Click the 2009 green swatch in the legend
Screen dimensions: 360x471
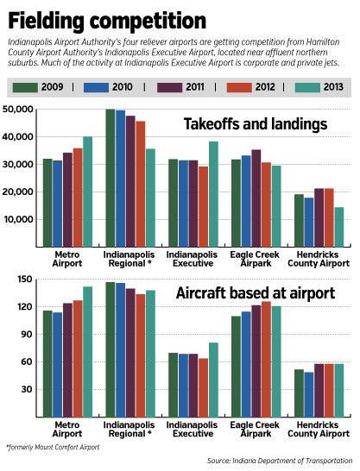coord(25,87)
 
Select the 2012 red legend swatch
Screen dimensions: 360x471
coord(239,87)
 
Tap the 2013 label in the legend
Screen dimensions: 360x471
coord(333,87)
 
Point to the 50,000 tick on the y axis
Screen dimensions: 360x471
coord(18,110)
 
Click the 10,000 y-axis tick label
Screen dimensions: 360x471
coord(18,220)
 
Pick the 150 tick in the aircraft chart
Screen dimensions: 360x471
coord(25,279)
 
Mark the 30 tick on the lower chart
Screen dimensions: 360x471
coord(27,390)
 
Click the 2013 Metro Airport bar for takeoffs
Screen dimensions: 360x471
coord(88,192)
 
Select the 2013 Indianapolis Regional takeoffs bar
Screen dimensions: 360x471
coord(150,198)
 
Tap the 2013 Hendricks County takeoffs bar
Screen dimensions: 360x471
coord(339,227)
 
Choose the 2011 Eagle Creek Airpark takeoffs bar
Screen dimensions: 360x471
coord(256,198)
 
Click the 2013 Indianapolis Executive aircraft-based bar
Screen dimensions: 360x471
coord(213,380)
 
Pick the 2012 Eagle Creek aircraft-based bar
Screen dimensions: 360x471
coord(266,359)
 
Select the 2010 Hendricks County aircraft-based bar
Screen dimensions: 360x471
coord(309,395)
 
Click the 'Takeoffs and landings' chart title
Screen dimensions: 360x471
coord(256,124)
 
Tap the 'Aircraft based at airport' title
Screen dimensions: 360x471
coord(256,293)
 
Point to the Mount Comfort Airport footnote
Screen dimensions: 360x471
coord(53,447)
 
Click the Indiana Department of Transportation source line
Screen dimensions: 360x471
coord(280,461)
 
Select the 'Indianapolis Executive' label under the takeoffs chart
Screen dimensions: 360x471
coord(192,259)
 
